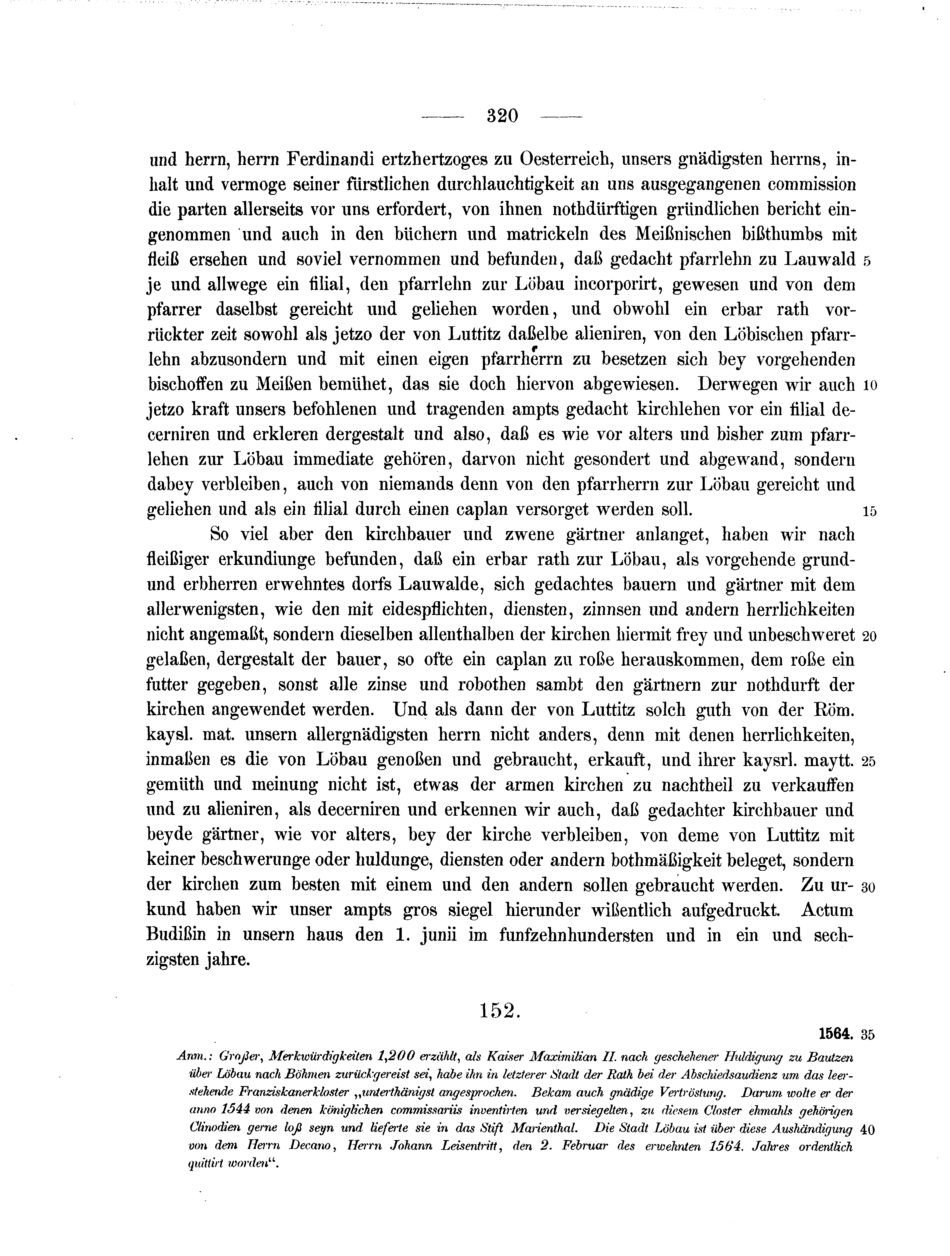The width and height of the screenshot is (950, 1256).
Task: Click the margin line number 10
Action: click(x=869, y=386)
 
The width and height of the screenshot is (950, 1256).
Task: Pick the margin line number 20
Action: click(x=869, y=637)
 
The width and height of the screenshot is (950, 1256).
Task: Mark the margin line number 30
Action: click(x=869, y=887)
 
